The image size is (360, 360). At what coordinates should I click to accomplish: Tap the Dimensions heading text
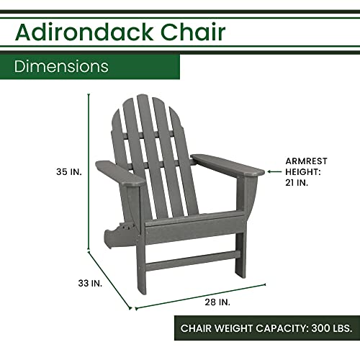[61, 66]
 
